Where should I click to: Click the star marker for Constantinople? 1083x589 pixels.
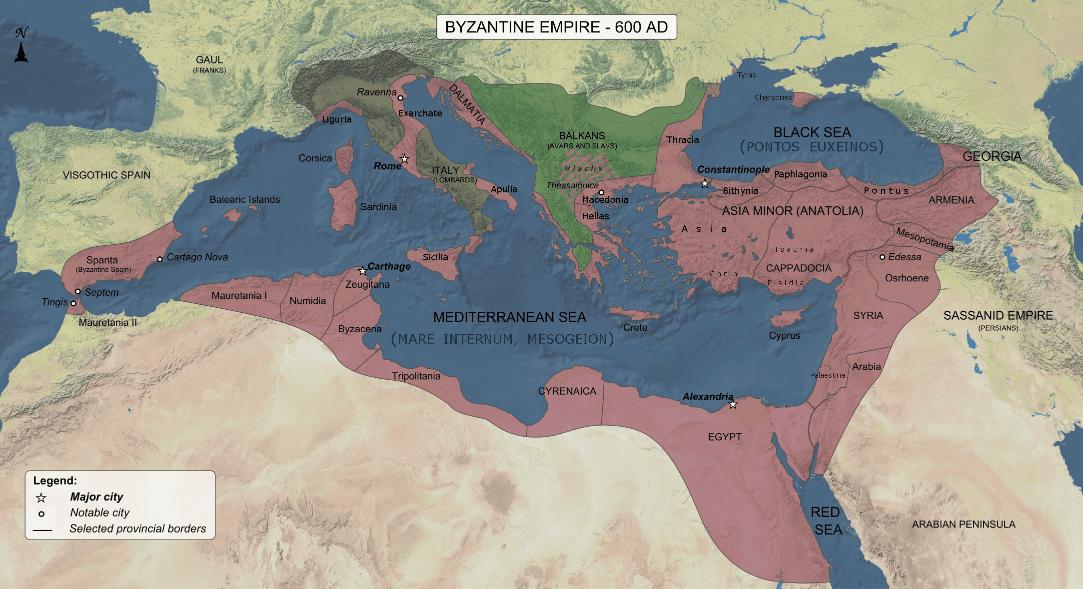point(705,183)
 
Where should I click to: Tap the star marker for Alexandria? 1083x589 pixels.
point(733,404)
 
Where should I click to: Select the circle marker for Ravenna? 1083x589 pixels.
point(400,98)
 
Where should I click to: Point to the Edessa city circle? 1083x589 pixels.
point(883,257)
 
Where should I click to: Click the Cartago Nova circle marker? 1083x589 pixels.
point(160,259)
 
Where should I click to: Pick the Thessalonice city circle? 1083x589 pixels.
point(601,192)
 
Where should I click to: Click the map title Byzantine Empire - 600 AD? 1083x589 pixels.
point(556,27)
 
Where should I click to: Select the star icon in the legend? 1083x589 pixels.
point(41,498)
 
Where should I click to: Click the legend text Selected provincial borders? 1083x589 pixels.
point(137,529)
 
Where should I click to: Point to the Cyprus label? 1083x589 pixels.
point(784,336)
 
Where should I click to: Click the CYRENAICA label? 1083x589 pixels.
point(567,391)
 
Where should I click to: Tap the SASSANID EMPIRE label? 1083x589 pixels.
point(998,316)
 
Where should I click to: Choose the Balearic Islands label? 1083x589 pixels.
point(244,199)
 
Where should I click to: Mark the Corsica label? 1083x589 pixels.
point(315,158)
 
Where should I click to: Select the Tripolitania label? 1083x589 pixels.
point(416,376)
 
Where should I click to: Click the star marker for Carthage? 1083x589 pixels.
point(363,271)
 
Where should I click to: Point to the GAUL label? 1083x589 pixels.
point(209,60)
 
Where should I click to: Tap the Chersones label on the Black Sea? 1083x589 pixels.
point(773,97)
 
